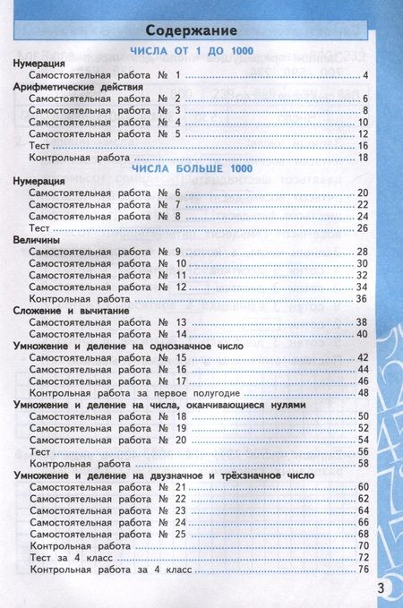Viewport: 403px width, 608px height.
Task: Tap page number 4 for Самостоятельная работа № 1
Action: (367, 75)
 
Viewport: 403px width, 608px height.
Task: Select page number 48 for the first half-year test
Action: (364, 392)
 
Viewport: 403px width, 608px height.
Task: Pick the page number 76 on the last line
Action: (364, 569)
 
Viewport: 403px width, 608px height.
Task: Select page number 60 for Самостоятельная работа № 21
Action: (364, 487)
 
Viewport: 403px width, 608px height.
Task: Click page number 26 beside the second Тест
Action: (364, 228)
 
